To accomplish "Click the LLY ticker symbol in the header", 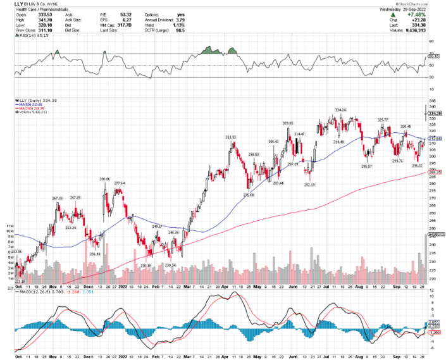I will pyautogui.click(x=11, y=5).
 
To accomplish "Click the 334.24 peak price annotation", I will pyautogui.click(x=340, y=109).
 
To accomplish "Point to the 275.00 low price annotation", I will pyautogui.click(x=250, y=195).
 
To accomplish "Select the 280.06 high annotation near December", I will pyautogui.click(x=105, y=179).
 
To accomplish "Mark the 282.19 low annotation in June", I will pyautogui.click(x=309, y=184).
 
